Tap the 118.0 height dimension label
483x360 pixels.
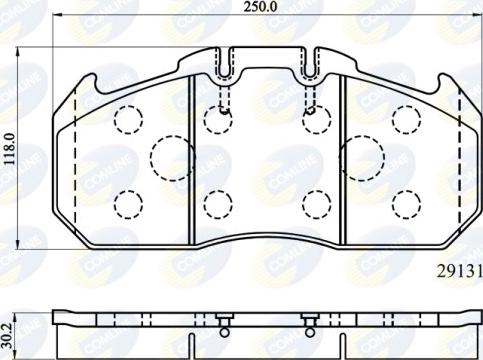pyautogui.click(x=9, y=148)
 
